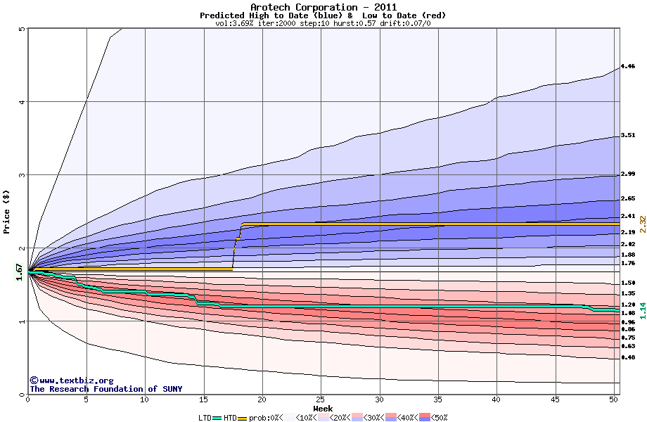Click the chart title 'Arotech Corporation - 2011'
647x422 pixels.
[323, 7]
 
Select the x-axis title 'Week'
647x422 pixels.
[323, 408]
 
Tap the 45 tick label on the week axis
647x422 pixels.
[555, 400]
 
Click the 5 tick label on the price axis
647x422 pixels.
[21, 29]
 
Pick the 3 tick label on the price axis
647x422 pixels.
[21, 175]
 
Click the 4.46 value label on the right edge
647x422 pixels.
[628, 66]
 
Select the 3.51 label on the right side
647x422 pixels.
[628, 136]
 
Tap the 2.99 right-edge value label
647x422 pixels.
[628, 174]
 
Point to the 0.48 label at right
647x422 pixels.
[628, 358]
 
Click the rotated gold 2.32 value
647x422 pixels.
[641, 224]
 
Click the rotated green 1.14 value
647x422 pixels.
[641, 310]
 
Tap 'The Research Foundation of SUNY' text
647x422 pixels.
[105, 389]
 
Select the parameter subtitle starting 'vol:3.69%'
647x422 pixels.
[323, 23]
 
